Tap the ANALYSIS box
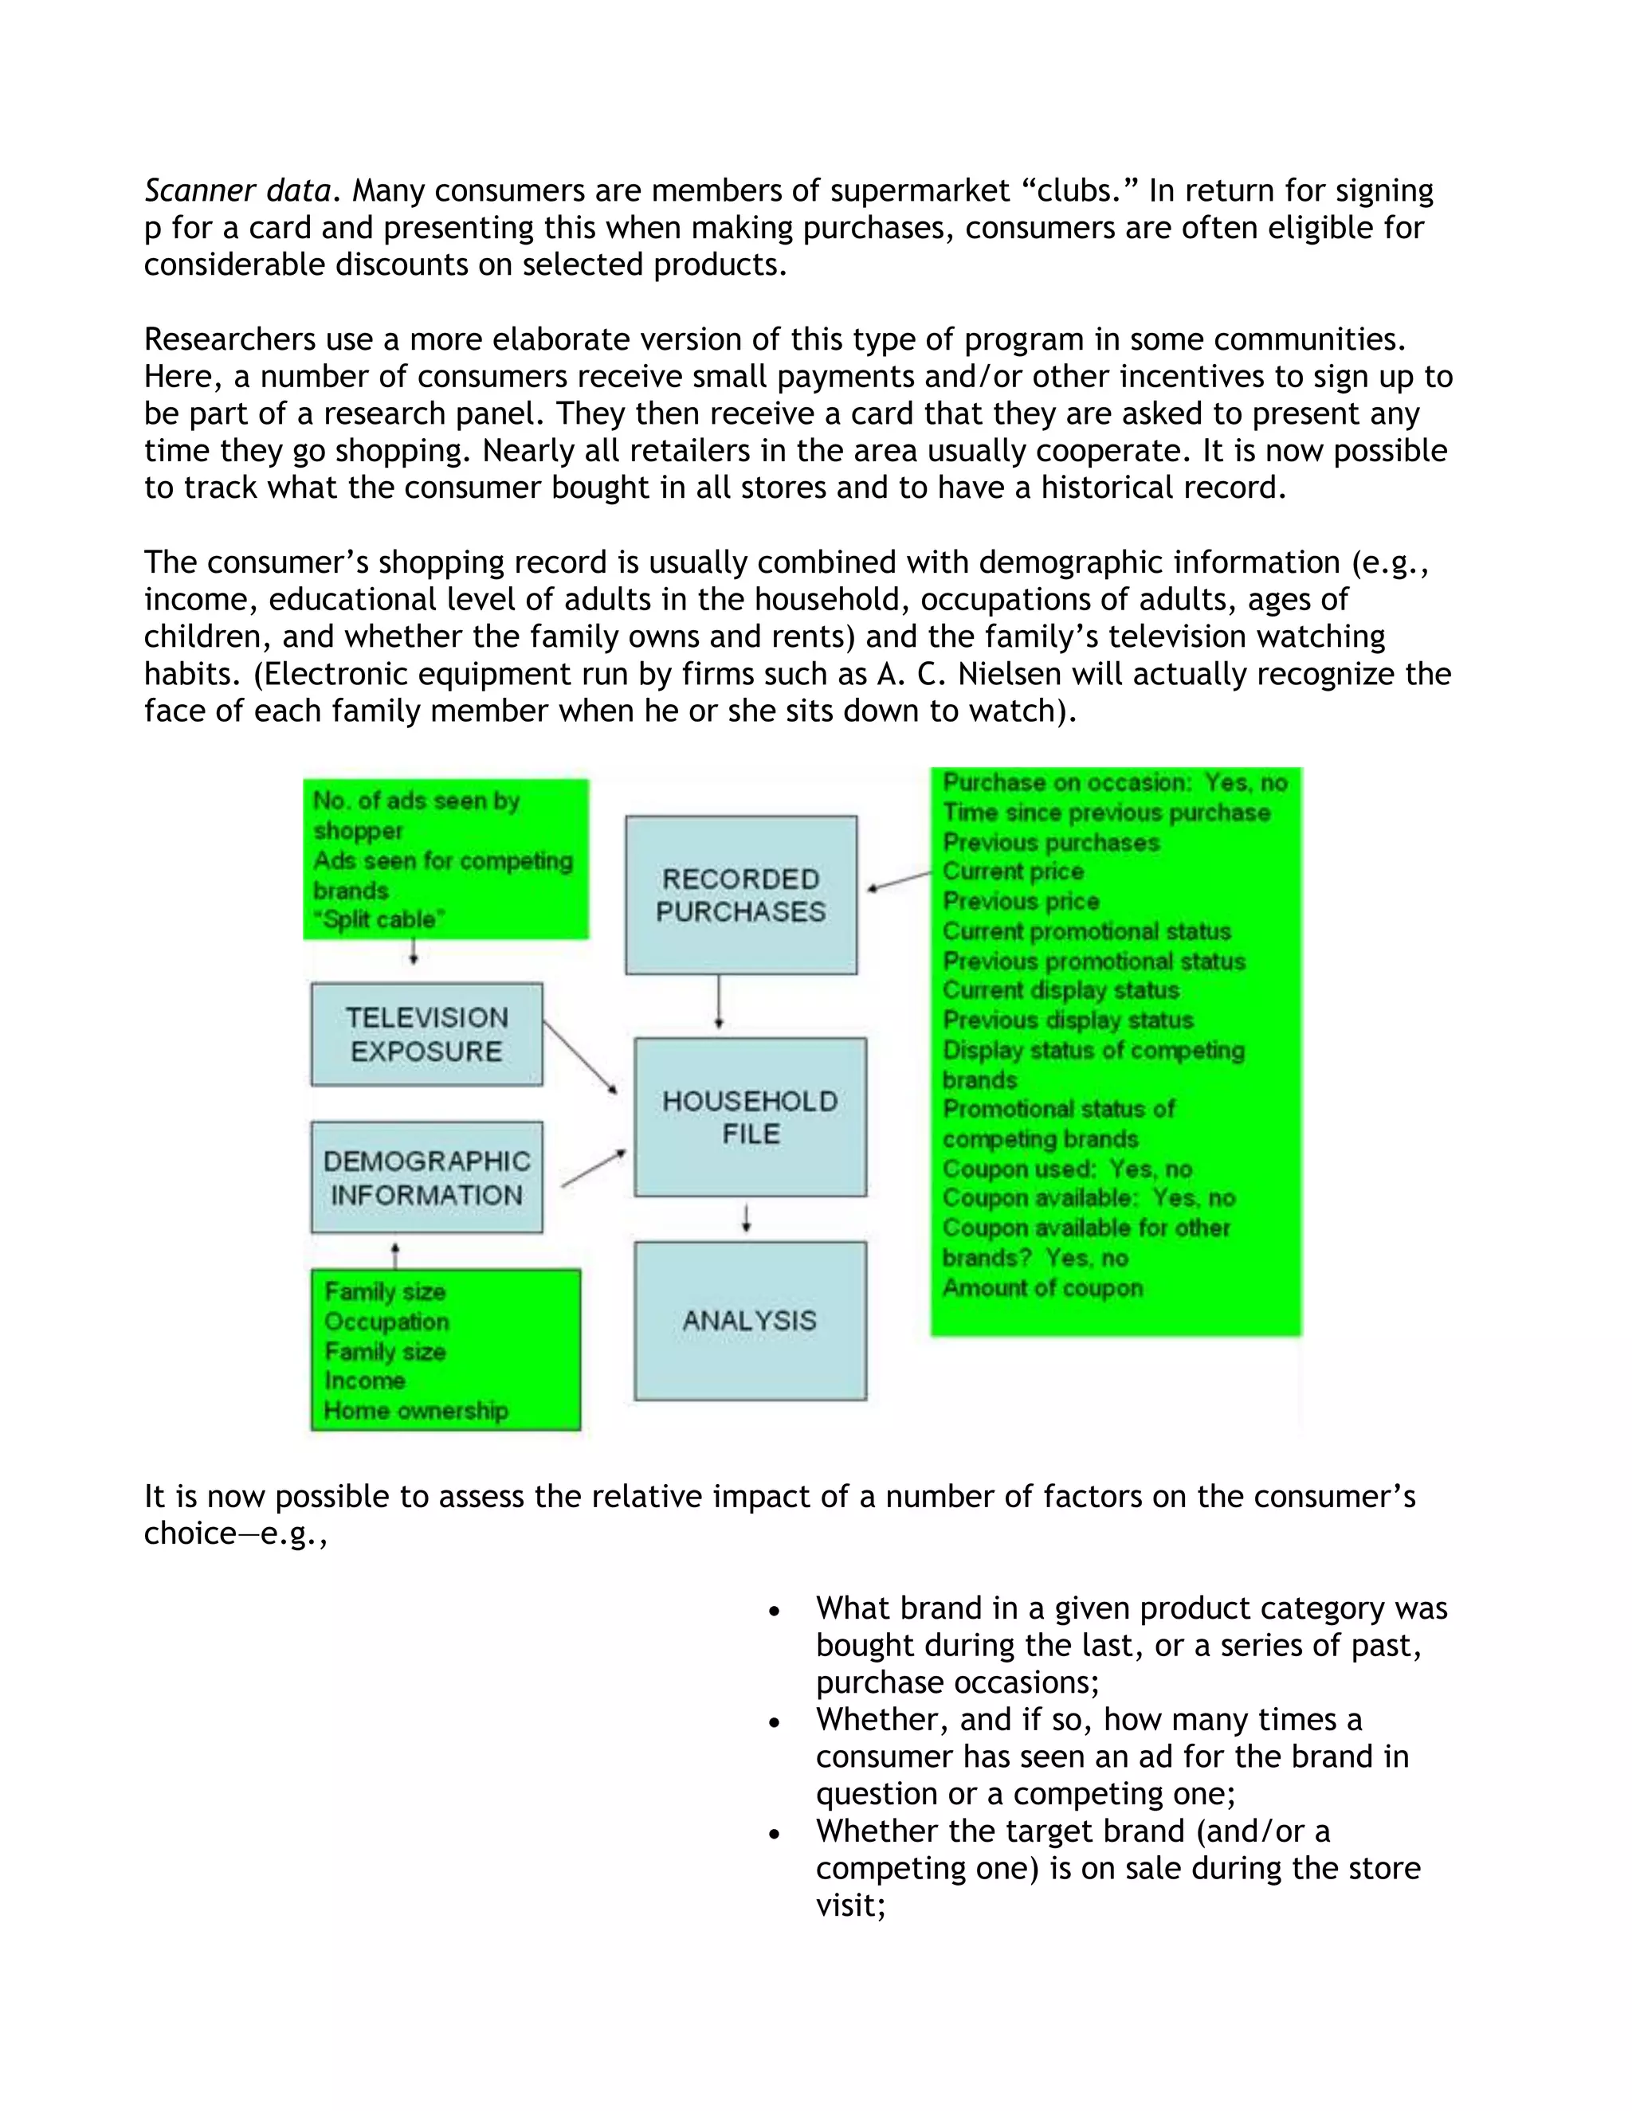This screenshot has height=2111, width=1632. (x=750, y=1320)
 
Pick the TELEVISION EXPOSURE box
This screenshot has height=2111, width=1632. (x=426, y=1034)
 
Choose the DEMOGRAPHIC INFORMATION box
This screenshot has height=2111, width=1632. (x=426, y=1177)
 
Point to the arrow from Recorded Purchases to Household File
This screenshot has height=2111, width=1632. (x=718, y=1002)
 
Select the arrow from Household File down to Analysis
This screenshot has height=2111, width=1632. (x=747, y=1219)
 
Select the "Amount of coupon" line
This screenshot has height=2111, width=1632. (x=1042, y=1287)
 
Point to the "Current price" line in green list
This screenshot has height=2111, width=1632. (x=1014, y=871)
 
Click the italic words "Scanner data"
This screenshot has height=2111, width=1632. (x=237, y=190)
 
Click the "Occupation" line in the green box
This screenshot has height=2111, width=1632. (x=386, y=1322)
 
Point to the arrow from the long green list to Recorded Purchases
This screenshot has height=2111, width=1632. (x=899, y=880)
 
